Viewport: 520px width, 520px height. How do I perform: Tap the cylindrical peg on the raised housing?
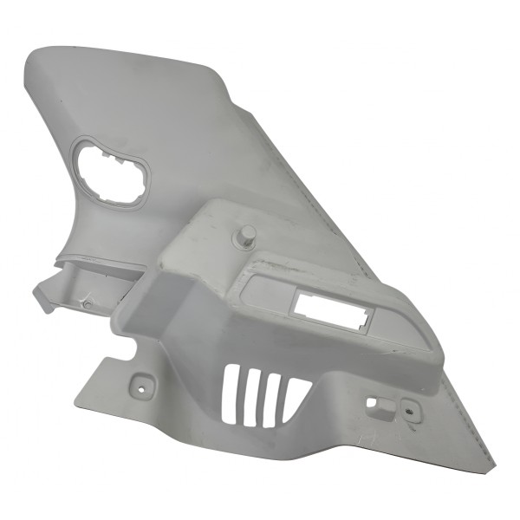[246, 236]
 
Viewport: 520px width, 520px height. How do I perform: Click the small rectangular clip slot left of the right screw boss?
[374, 403]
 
